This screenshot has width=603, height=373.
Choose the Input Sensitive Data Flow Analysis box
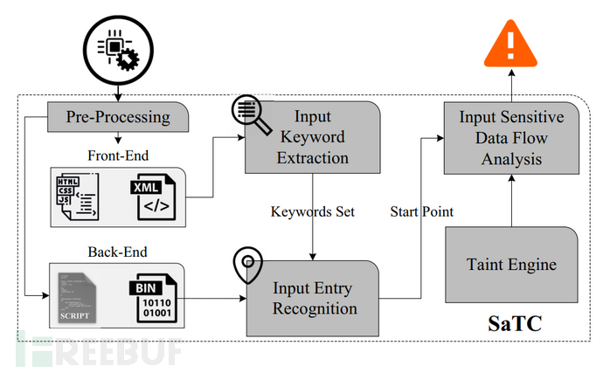click(511, 138)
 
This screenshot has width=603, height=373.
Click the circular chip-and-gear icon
click(117, 44)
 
